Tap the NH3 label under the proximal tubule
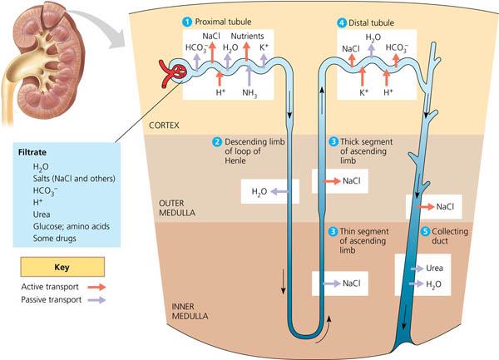point(249,93)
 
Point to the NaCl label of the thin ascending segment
point(351,284)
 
